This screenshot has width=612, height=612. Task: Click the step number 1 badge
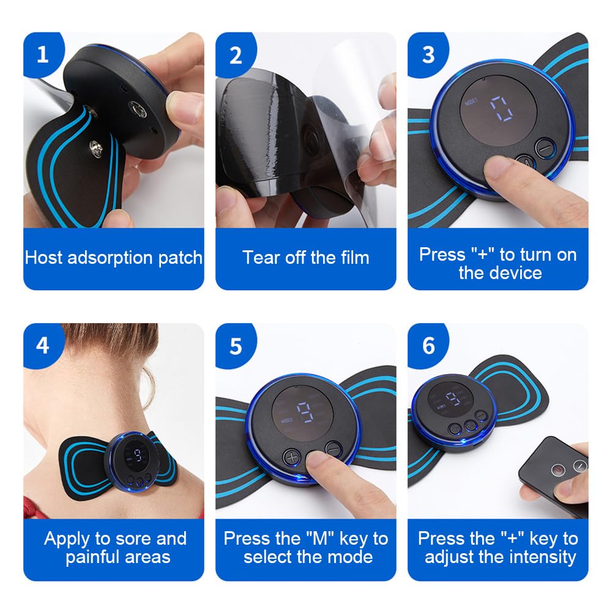[x=43, y=54]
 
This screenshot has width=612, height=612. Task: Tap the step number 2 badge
[x=236, y=55]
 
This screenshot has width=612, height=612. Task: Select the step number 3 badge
[x=428, y=55]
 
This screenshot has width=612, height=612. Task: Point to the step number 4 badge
[x=43, y=345]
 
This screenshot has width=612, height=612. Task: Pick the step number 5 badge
[x=236, y=346]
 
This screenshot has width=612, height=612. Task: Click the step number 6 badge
[x=428, y=346]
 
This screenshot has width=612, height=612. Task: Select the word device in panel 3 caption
[x=515, y=273]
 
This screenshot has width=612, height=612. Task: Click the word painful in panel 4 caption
[x=91, y=558]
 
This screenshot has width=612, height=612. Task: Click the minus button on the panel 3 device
[x=545, y=148]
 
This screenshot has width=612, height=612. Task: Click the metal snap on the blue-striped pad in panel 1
[x=95, y=148]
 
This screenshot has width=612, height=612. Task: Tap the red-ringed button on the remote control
[x=559, y=469]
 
